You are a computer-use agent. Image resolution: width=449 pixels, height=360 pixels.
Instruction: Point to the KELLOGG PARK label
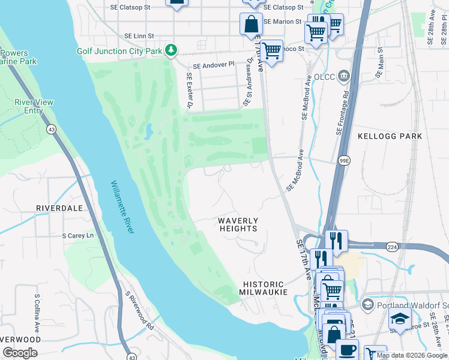point(390,136)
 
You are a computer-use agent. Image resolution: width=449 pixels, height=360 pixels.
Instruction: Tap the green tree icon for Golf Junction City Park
point(172,50)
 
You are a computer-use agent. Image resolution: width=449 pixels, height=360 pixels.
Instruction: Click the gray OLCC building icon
point(343,76)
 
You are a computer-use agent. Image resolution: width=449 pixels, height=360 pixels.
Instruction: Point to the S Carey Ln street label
point(78,236)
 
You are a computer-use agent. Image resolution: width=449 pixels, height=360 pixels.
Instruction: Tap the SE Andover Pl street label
point(212,65)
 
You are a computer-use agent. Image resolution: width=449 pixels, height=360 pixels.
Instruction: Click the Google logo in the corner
point(20,353)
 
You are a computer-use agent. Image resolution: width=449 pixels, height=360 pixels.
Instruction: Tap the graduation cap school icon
point(400,318)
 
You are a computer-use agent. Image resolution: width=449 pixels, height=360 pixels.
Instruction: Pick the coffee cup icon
point(347,349)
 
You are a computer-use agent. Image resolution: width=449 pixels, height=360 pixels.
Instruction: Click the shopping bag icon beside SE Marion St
point(251,25)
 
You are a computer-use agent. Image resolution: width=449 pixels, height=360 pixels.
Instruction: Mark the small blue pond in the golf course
point(148,130)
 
